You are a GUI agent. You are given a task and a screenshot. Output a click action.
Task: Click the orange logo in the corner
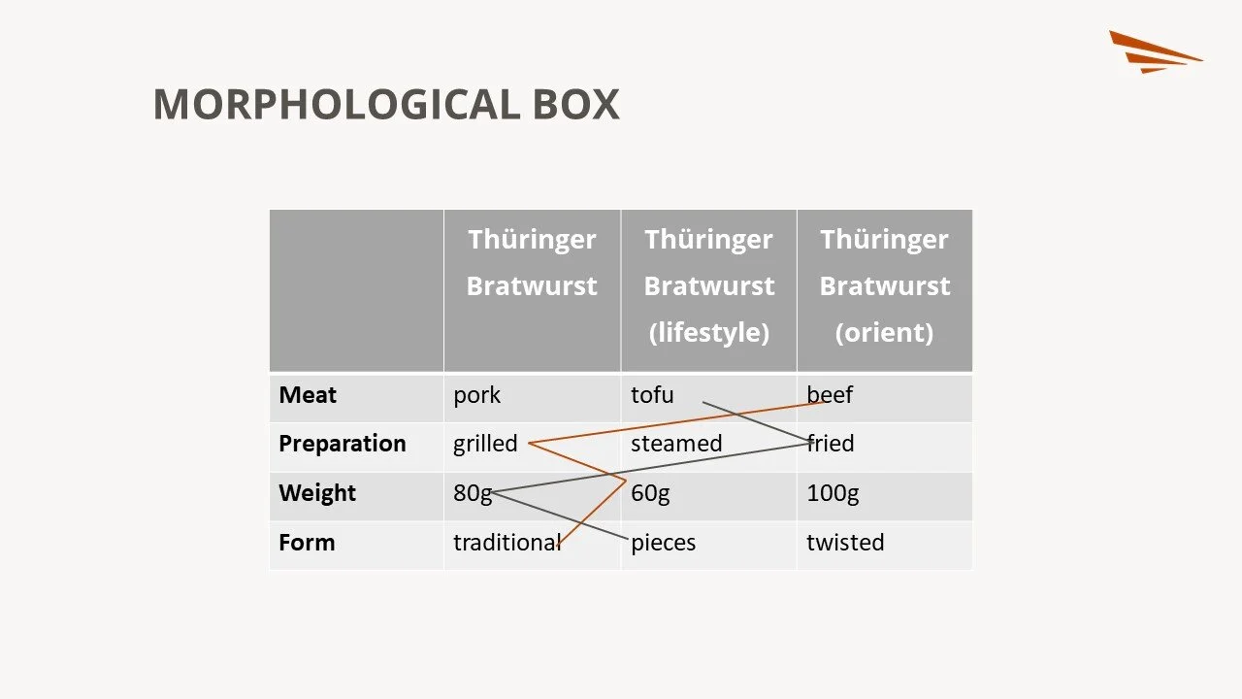click(x=1155, y=51)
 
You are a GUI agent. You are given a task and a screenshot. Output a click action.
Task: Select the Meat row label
click(x=308, y=395)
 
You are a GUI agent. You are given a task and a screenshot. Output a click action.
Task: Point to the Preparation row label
click(x=342, y=444)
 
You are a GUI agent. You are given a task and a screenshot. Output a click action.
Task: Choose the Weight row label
click(x=317, y=493)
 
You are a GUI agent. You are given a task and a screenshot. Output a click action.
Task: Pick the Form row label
click(x=307, y=543)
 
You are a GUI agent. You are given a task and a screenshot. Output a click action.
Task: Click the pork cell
click(x=476, y=395)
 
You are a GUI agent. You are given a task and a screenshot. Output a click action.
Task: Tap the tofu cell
click(x=652, y=395)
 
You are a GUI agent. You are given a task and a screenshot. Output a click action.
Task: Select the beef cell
click(x=830, y=395)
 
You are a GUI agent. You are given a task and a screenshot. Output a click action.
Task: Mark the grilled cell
click(x=485, y=444)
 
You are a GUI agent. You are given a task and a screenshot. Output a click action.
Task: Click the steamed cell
click(x=676, y=444)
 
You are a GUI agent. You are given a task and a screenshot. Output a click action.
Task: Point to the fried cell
click(x=831, y=444)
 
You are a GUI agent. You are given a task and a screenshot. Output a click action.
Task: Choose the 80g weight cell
click(x=473, y=493)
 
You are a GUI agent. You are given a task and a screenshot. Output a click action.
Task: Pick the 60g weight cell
click(x=650, y=493)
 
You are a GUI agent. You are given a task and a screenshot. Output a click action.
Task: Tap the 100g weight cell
click(x=833, y=493)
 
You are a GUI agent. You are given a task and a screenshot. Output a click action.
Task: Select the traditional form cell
click(x=507, y=543)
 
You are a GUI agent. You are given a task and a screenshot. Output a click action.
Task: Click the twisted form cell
click(x=845, y=543)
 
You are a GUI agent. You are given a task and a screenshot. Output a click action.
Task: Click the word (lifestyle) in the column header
click(x=708, y=333)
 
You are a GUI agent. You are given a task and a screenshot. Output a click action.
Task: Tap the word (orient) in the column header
click(x=884, y=333)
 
